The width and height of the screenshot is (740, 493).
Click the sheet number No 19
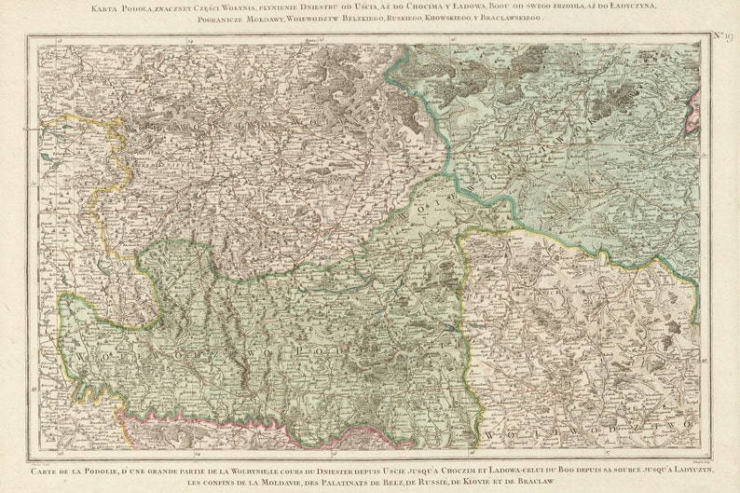pos(723,35)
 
